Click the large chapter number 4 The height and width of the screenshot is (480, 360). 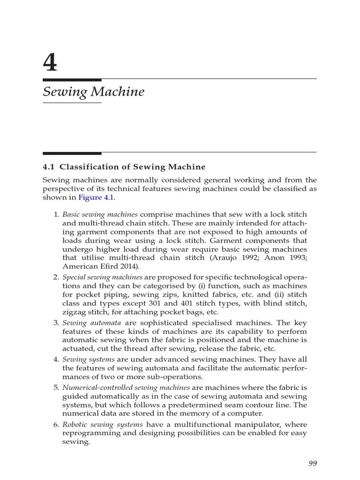tap(50, 63)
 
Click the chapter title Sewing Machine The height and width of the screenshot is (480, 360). tap(93, 92)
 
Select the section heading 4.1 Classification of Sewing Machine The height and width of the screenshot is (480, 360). tap(124, 166)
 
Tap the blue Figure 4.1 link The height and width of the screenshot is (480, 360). tap(96, 197)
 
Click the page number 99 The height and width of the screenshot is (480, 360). tap(313, 463)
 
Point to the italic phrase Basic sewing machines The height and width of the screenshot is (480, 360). tap(100, 215)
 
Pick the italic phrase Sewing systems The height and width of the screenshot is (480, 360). tap(89, 360)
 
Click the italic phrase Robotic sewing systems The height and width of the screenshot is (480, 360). tap(96, 424)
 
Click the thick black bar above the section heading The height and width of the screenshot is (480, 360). tap(72, 153)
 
